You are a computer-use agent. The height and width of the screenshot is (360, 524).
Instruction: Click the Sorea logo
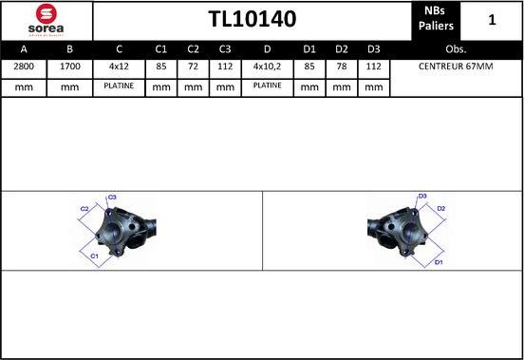tap(47, 20)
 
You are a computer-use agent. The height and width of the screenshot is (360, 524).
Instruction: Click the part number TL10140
tap(253, 19)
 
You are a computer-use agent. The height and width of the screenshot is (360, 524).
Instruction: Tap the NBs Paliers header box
tap(436, 19)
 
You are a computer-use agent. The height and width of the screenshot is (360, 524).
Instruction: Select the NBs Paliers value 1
tap(492, 20)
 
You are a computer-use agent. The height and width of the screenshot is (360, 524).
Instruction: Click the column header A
tap(24, 49)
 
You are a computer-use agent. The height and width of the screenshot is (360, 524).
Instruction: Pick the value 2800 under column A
tap(24, 66)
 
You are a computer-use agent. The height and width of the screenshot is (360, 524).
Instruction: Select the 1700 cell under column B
tap(70, 66)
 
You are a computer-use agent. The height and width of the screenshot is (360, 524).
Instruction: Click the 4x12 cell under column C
tap(119, 66)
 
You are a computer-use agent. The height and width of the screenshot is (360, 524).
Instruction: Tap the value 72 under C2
tap(193, 66)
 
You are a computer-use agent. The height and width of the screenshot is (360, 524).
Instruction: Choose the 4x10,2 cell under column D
tap(268, 66)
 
